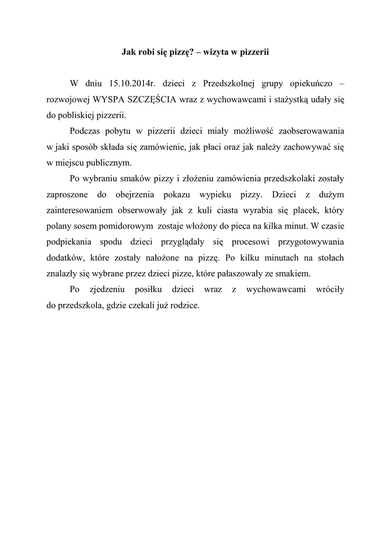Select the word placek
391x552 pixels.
click(292, 210)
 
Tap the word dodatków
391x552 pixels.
click(63, 258)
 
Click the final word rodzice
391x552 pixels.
click(183, 305)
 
